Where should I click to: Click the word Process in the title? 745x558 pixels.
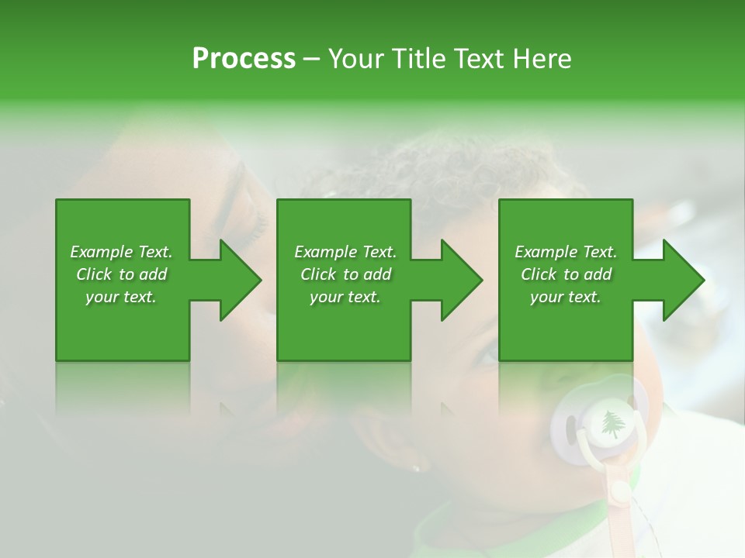244,58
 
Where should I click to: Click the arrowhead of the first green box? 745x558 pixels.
241,280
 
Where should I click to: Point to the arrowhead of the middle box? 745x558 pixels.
462,280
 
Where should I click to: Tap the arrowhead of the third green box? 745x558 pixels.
684,280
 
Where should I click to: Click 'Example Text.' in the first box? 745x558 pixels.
121,252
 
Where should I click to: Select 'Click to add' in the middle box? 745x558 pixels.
345,274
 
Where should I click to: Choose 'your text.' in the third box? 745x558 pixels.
566,297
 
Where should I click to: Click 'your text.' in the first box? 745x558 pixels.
121,297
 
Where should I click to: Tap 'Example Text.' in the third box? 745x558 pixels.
566,252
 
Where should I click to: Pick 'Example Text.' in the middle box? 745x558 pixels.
345,252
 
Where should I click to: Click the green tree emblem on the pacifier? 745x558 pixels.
612,423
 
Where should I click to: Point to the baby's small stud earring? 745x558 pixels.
417,468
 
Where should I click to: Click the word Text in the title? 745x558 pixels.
480,58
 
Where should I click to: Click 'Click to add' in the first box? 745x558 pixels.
121,274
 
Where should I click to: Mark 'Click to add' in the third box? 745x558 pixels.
566,274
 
